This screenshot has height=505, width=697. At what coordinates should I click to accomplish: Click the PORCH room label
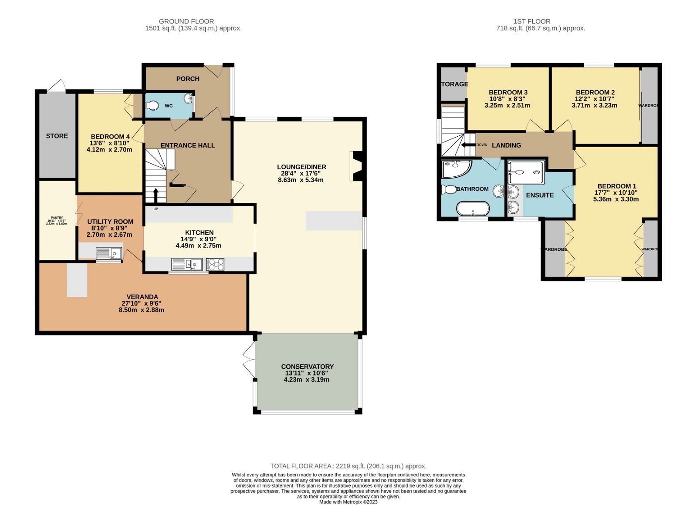pyautogui.click(x=188, y=79)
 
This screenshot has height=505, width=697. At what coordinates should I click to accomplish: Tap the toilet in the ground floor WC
pyautogui.click(x=152, y=105)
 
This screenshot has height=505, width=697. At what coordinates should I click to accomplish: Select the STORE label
pyautogui.click(x=57, y=136)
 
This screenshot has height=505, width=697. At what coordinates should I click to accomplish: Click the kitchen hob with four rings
pyautogui.click(x=215, y=264)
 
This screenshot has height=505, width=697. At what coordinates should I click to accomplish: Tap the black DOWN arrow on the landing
pyautogui.click(x=469, y=145)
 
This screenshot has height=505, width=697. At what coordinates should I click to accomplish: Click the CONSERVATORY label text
pyautogui.click(x=307, y=367)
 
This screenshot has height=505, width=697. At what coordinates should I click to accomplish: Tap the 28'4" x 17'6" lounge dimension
pyautogui.click(x=301, y=173)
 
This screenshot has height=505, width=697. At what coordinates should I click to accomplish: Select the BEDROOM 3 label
pyautogui.click(x=508, y=92)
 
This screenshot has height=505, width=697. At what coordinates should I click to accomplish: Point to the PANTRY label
pyautogui.click(x=57, y=218)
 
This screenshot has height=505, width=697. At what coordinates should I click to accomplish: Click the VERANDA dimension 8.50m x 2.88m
pyautogui.click(x=141, y=310)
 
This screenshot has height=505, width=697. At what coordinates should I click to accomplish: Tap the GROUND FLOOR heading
pyautogui.click(x=186, y=21)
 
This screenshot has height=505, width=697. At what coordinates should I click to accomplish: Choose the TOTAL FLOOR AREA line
pyautogui.click(x=348, y=466)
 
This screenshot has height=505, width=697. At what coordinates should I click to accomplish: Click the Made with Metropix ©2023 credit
pyautogui.click(x=348, y=502)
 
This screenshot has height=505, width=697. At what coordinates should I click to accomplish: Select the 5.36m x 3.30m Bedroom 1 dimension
pyautogui.click(x=616, y=199)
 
